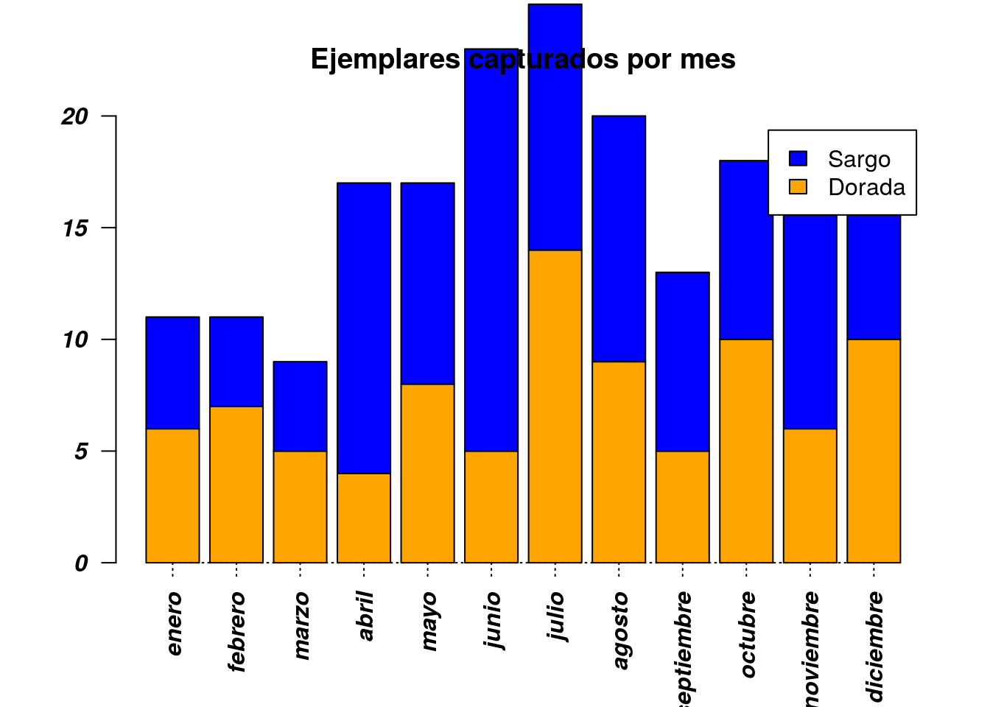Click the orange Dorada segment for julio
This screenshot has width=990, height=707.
point(555,407)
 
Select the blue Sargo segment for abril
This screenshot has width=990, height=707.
point(364,328)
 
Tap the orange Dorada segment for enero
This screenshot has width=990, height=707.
point(172,496)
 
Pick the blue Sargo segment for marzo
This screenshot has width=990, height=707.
point(300,406)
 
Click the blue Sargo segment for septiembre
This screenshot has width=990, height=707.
point(682,362)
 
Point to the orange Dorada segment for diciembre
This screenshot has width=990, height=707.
point(874,451)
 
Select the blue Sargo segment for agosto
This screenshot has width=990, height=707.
point(619,239)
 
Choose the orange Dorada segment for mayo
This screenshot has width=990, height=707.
point(427,474)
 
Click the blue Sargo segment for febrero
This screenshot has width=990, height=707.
point(236,362)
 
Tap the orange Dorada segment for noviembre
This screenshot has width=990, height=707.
point(810,496)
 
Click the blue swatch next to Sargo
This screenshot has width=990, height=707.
point(798,159)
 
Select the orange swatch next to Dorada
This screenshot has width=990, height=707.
point(798,187)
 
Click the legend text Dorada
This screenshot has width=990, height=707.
point(866,187)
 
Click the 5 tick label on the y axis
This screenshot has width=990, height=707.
point(81,451)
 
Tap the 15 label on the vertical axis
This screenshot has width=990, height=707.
point(75,228)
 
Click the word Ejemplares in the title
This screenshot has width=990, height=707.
point(385,59)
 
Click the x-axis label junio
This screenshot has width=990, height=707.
point(493,619)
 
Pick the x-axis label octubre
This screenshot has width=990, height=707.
point(748,633)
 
